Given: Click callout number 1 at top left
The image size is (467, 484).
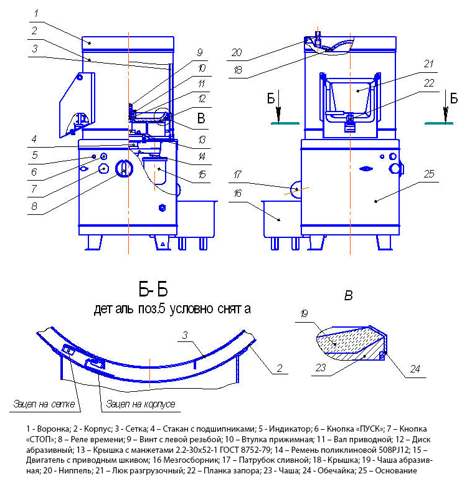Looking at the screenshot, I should [36, 13].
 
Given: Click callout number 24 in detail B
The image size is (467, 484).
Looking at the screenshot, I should [415, 369].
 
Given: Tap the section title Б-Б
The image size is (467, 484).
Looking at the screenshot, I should [153, 290].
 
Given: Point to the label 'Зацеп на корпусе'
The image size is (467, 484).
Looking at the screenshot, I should [141, 404].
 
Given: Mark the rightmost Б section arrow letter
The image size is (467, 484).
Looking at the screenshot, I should [453, 98].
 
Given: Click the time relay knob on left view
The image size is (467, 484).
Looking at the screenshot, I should [125, 168].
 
